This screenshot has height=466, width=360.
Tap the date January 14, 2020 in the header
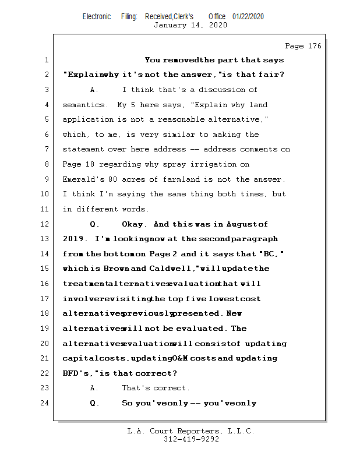(190, 25)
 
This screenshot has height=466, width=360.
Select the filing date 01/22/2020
(248, 16)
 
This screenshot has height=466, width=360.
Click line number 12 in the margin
(45, 224)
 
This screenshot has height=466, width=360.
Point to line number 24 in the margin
(45, 403)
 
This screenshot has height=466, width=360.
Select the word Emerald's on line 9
(83, 179)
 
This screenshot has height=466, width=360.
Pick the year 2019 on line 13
(75, 239)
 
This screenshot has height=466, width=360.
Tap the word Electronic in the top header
(97, 16)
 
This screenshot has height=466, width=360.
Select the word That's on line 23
(135, 388)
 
